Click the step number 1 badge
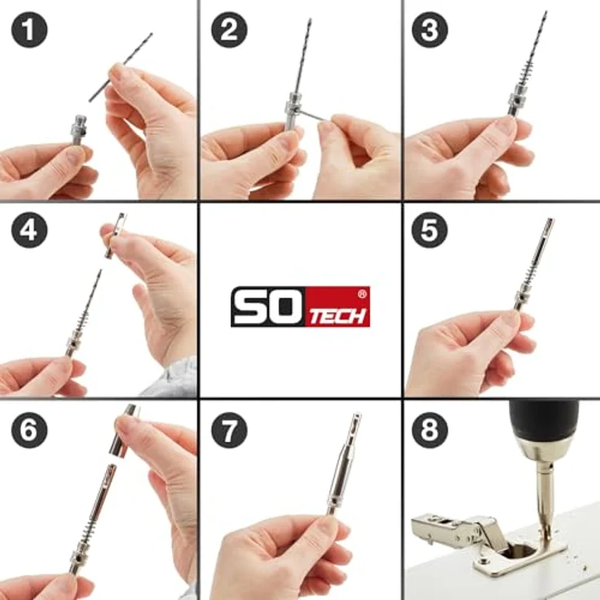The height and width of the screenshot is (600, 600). click(x=29, y=29)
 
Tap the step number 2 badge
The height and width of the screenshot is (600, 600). click(x=230, y=29)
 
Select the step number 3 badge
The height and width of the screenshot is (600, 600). click(x=430, y=29)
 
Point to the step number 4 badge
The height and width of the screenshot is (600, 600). click(x=29, y=230)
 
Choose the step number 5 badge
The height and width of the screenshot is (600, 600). click(x=430, y=230)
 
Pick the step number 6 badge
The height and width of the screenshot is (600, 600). click(x=29, y=430)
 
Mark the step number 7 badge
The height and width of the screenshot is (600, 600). click(x=230, y=430)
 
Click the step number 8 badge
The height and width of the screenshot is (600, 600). click(x=430, y=430)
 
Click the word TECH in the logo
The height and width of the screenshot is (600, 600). click(x=337, y=317)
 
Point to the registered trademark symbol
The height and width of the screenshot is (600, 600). click(x=362, y=293)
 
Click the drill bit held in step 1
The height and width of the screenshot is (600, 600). click(x=121, y=68)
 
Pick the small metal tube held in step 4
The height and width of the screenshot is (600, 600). click(x=115, y=236)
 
